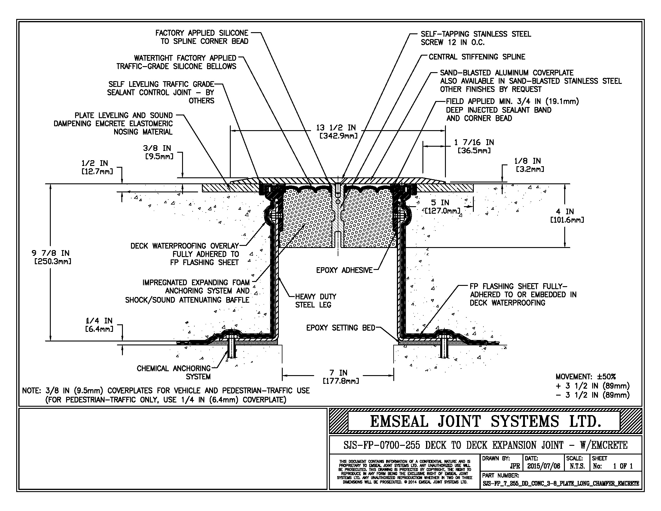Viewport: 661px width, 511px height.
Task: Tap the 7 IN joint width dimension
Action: click(338, 377)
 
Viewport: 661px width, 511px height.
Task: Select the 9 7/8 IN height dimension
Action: click(51, 257)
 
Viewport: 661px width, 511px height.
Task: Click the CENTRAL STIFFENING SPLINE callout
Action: click(477, 57)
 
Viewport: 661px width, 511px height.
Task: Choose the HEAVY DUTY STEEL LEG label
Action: click(316, 301)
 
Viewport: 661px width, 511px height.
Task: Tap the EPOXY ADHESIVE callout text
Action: click(344, 270)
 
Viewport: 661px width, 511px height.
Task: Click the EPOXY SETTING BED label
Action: click(341, 328)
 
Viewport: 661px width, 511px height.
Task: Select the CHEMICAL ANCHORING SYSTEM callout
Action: click(174, 373)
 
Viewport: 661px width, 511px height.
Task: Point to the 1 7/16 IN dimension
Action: click(474, 146)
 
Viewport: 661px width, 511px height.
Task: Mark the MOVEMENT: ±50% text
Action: click(586, 377)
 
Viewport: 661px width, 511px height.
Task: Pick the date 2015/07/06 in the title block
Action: click(544, 466)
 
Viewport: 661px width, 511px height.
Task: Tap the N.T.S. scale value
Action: click(577, 466)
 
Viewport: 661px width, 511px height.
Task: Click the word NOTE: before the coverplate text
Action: click(32, 390)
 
